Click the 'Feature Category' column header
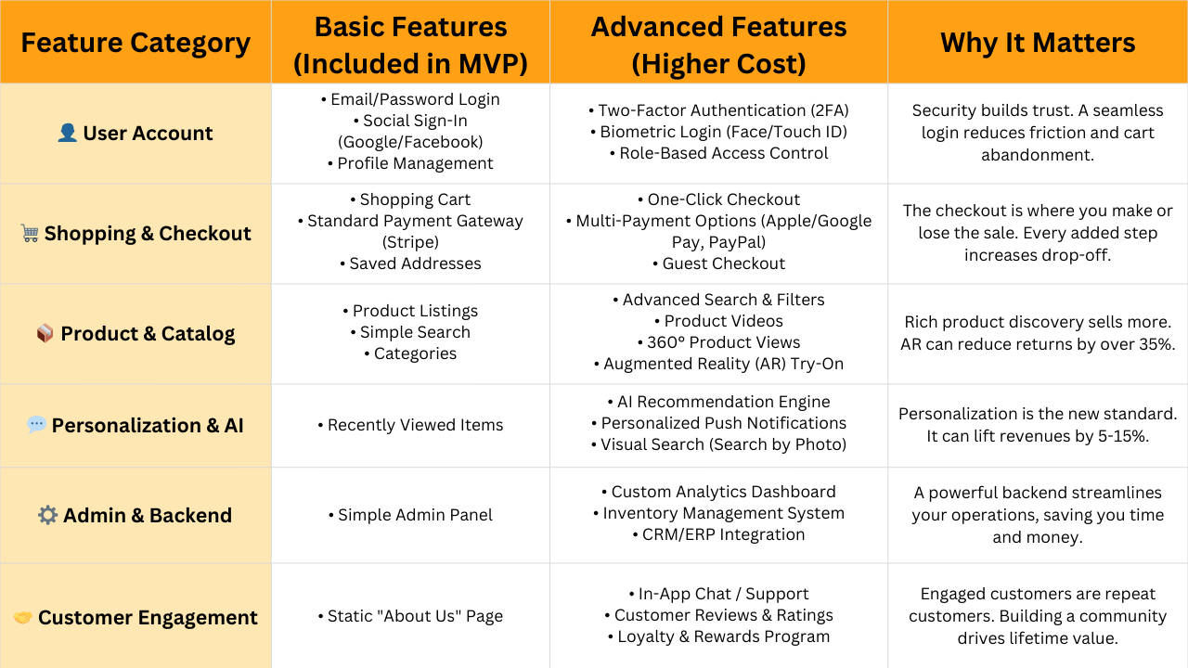click(136, 43)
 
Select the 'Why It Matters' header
click(1038, 43)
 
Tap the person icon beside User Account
click(68, 133)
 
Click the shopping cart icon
click(30, 233)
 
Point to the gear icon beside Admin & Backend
click(47, 515)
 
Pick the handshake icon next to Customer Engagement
click(23, 618)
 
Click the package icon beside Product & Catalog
click(45, 333)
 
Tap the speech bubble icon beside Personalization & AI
click(36, 425)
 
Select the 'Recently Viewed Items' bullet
click(410, 425)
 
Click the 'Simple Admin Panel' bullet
click(410, 515)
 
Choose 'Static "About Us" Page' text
click(410, 616)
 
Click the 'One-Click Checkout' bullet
click(718, 199)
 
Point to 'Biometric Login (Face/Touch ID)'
click(718, 132)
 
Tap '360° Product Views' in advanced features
click(718, 342)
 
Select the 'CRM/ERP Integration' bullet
click(718, 534)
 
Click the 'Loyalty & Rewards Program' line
click(718, 636)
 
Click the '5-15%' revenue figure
click(1123, 436)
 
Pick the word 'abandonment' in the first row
click(1038, 155)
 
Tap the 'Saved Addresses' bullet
click(410, 263)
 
